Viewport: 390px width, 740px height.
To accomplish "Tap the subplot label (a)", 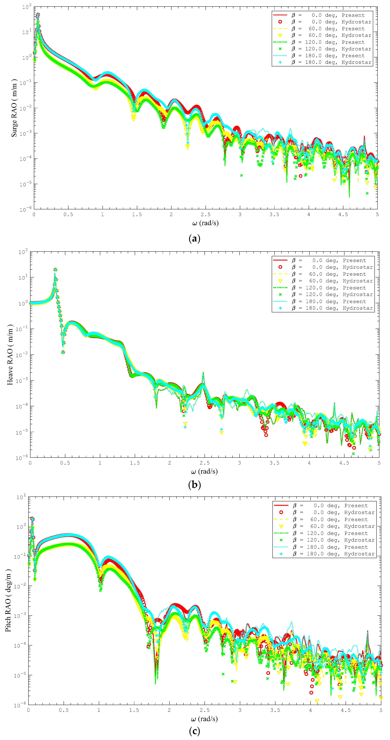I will tap(194, 238).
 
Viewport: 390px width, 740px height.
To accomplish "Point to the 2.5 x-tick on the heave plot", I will tap(205, 463).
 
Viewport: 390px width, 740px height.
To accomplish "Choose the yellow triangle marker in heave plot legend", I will tap(280, 281).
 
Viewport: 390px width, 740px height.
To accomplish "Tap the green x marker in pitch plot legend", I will tap(281, 540).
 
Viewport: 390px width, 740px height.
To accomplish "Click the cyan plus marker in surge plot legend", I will tap(280, 62).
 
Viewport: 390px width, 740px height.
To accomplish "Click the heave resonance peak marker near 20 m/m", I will tap(55, 269).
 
